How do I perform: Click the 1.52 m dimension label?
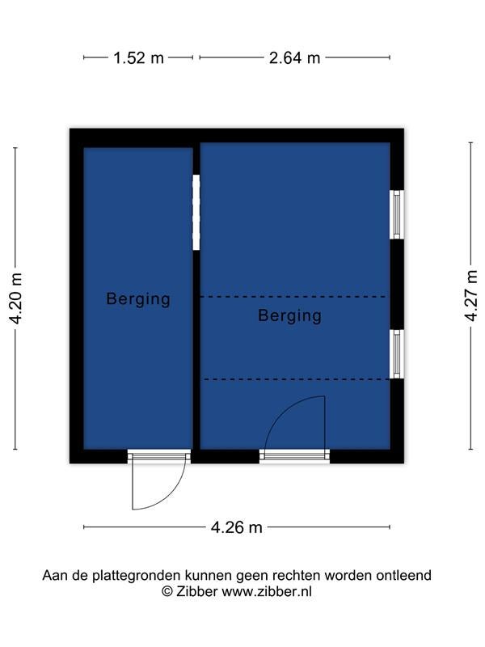point(138,57)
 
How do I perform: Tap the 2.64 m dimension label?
point(294,57)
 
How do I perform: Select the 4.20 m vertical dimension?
point(16,298)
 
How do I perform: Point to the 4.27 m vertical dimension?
point(470,295)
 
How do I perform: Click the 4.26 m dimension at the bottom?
point(236,527)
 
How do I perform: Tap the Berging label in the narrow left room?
point(138,298)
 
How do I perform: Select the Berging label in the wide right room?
point(289,315)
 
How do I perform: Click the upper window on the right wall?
point(397,214)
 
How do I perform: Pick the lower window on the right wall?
point(397,354)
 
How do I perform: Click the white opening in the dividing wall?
point(196,212)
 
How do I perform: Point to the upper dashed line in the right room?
point(294,297)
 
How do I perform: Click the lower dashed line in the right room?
point(294,379)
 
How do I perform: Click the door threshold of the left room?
point(159,456)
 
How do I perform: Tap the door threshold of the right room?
point(294,456)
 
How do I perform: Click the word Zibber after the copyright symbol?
point(196,591)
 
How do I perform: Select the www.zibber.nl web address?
point(267,591)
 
